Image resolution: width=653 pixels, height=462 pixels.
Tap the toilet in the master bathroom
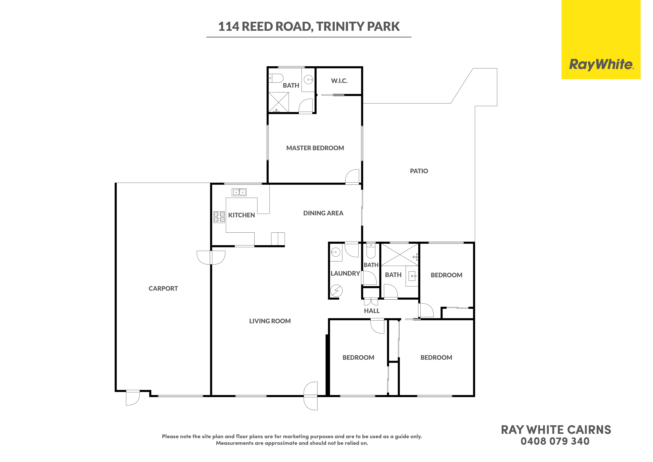coord(276,78)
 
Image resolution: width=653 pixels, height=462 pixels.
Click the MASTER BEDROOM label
coord(315,148)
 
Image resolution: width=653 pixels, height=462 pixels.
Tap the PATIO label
coord(419,171)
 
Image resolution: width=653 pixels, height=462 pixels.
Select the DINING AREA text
coord(323,213)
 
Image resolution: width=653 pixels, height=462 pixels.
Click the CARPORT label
coord(163,289)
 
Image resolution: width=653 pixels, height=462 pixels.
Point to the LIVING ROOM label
coord(270,321)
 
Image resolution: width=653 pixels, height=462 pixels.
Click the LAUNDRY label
coord(345,274)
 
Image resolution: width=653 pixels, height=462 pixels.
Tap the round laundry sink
coord(336,252)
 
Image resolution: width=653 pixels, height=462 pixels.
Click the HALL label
coord(372,311)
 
